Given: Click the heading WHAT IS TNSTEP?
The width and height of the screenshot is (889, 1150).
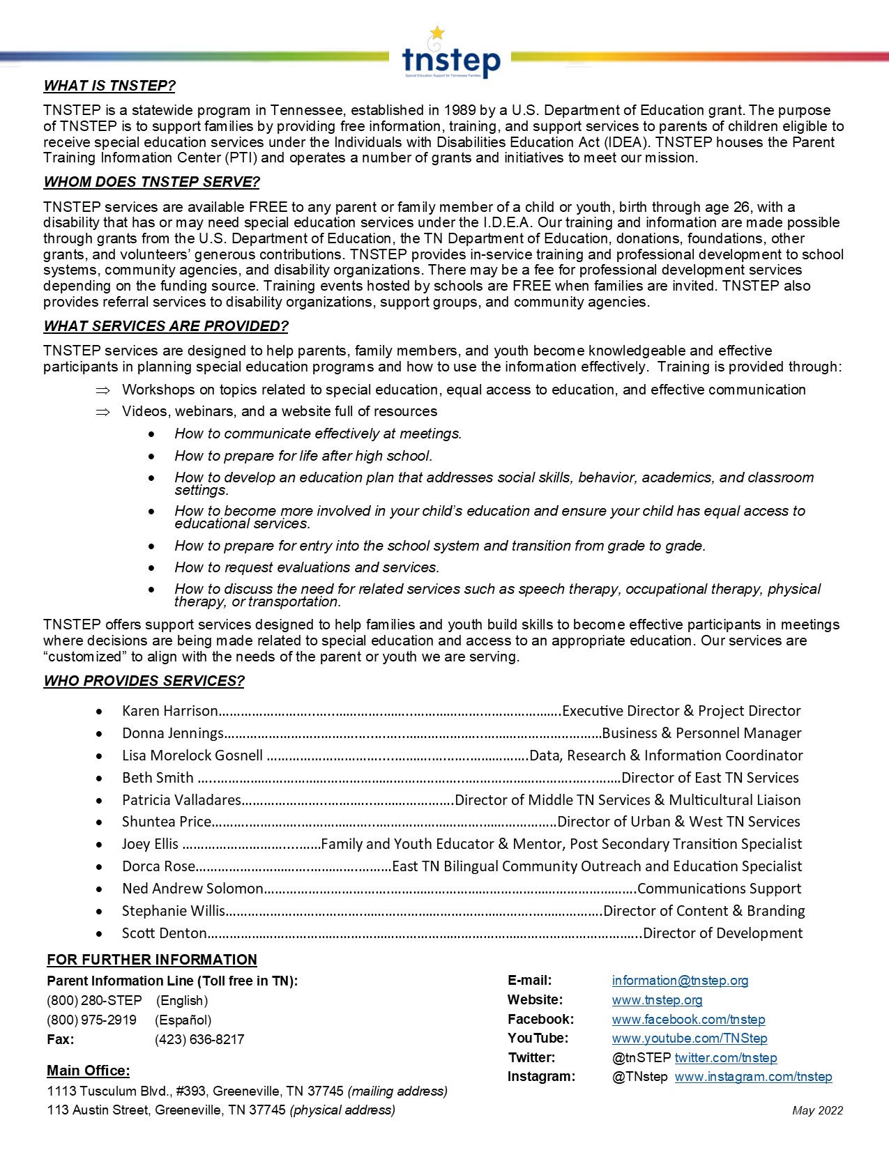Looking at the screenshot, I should click(x=109, y=86).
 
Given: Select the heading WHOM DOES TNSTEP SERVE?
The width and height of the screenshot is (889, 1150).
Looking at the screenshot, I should click(x=151, y=182).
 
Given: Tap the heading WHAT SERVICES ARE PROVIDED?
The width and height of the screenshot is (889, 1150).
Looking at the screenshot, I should click(x=166, y=326).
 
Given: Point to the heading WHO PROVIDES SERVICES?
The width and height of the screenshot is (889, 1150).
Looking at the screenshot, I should click(x=144, y=681).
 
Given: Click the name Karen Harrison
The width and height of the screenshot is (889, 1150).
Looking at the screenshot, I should click(x=170, y=711).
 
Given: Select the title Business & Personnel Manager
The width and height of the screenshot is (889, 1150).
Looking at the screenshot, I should click(x=701, y=733).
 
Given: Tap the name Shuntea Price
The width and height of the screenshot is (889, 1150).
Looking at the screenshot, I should click(x=167, y=822).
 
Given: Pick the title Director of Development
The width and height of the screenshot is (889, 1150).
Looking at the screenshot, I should click(x=722, y=933).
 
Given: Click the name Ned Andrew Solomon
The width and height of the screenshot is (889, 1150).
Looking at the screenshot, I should click(x=192, y=889).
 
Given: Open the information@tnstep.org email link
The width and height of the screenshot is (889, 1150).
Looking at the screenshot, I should click(x=680, y=981).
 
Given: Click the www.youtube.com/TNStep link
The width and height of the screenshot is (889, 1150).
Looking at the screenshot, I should click(x=690, y=1038).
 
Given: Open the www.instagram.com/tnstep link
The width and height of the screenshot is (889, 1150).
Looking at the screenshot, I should click(x=753, y=1077).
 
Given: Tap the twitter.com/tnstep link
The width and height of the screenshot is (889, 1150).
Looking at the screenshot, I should click(x=725, y=1058).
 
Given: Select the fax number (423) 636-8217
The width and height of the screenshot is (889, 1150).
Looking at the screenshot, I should click(x=199, y=1040).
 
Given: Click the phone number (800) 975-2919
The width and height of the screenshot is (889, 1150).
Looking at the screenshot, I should click(x=91, y=1020).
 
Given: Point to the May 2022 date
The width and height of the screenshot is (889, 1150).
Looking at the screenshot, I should click(x=817, y=1111).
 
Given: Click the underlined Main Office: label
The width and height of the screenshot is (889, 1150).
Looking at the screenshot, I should click(x=88, y=1071).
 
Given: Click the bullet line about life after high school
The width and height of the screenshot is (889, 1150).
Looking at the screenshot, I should click(x=303, y=456).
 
